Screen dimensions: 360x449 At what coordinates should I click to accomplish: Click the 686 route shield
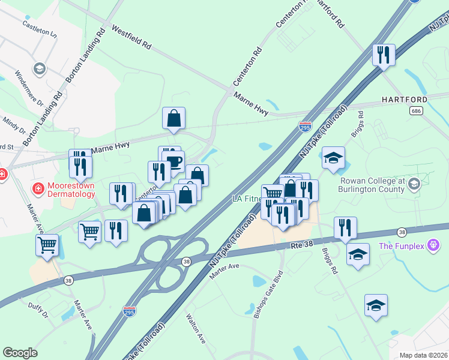[416, 111]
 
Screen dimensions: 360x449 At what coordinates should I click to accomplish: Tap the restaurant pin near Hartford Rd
[382, 55]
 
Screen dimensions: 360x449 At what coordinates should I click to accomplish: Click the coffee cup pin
[173, 161]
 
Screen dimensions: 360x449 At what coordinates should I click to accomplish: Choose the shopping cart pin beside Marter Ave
[47, 244]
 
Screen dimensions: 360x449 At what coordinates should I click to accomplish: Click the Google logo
[20, 353]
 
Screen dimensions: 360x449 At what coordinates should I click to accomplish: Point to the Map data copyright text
[423, 355]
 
